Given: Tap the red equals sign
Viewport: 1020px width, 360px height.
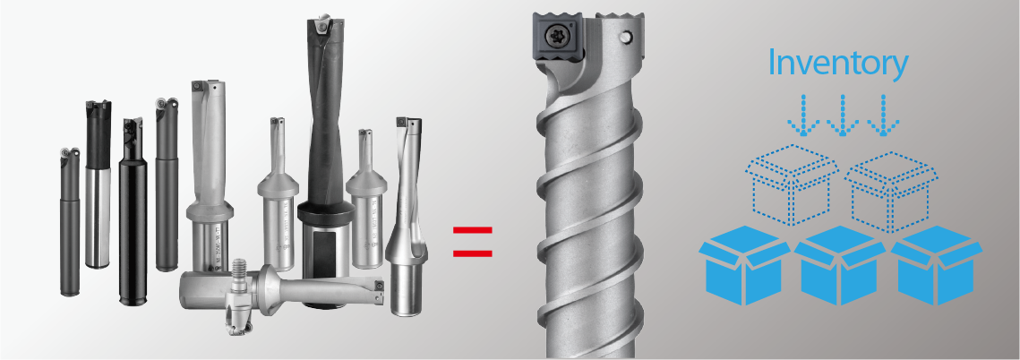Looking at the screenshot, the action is [x=473, y=242].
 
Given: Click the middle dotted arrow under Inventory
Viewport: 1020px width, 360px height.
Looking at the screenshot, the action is [x=843, y=116].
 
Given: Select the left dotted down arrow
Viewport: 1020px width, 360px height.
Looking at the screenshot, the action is [x=803, y=116].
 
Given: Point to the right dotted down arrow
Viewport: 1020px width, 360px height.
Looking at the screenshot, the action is [x=883, y=116].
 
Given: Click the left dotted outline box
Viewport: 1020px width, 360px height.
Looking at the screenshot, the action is [x=792, y=185].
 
